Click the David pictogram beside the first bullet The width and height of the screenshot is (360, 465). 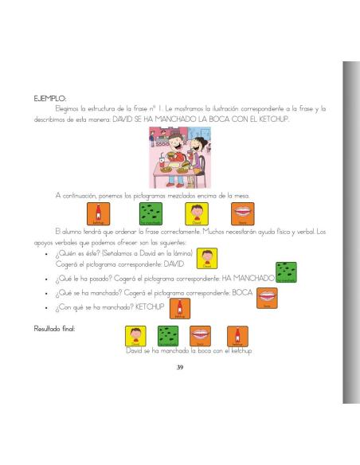click(x=207, y=260)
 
